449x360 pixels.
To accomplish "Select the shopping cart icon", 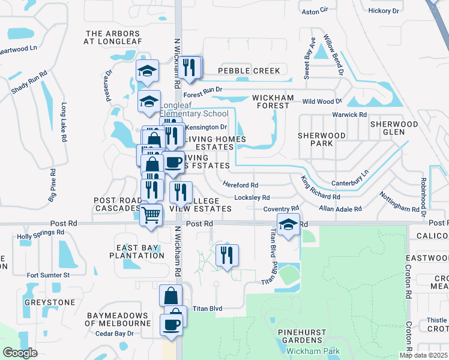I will pyautogui.click(x=151, y=214).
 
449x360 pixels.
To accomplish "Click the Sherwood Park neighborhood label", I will pyautogui.click(x=322, y=140).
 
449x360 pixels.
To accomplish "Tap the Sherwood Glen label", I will pyautogui.click(x=394, y=128).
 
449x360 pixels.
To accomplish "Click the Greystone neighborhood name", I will pyautogui.click(x=50, y=302).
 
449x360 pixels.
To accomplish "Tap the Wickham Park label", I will pyautogui.click(x=313, y=351).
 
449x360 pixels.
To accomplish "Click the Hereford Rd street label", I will pyautogui.click(x=240, y=185).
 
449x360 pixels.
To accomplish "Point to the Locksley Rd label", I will pyautogui.click(x=252, y=197).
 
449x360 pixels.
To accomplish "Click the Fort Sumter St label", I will pyautogui.click(x=48, y=275).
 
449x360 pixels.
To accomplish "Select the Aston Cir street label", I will pyautogui.click(x=315, y=10).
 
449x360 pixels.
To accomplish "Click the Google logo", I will pyautogui.click(x=20, y=353).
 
